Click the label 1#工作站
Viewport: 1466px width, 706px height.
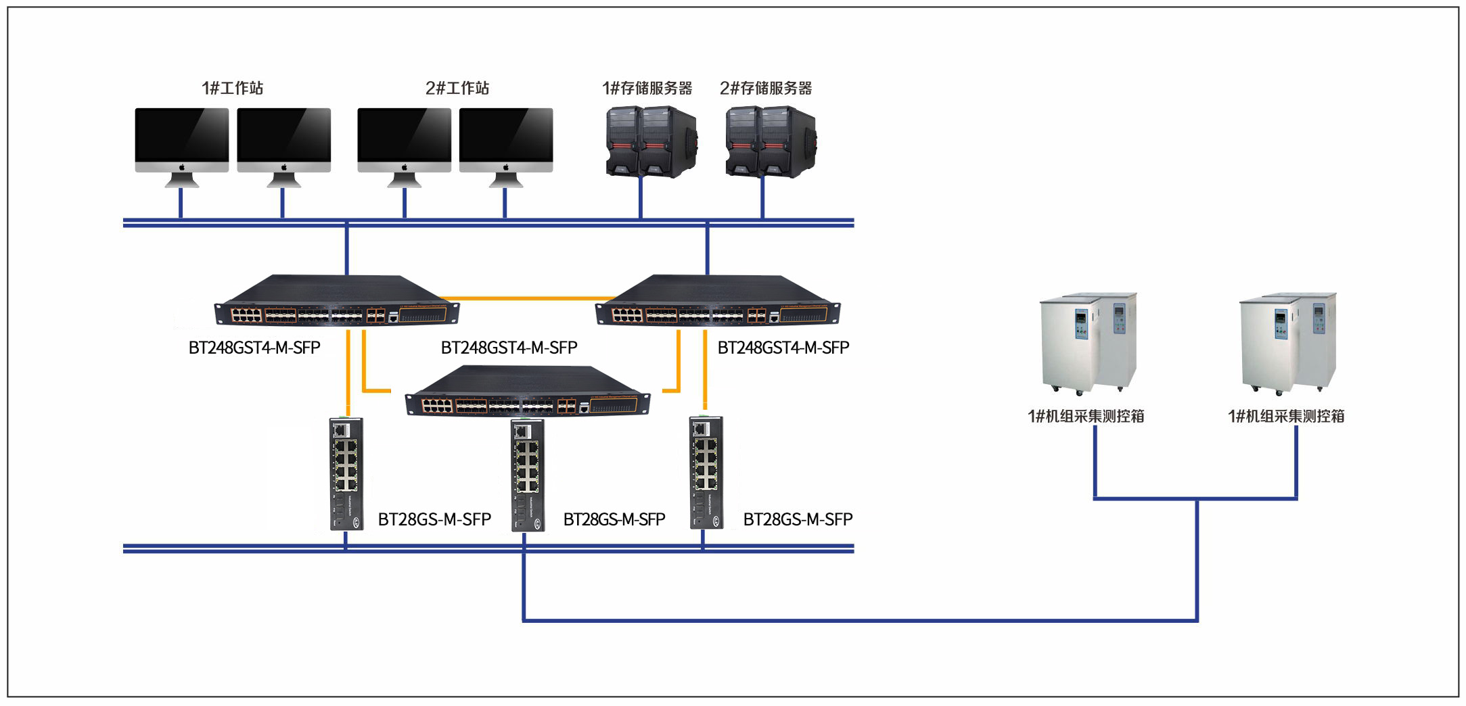pos(232,88)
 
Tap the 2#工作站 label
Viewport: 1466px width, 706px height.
pos(457,88)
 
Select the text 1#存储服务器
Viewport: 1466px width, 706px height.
pos(647,88)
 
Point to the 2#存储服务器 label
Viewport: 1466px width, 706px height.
pos(766,88)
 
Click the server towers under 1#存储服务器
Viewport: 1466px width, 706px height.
pos(651,141)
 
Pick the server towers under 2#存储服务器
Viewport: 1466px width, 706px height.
pos(771,141)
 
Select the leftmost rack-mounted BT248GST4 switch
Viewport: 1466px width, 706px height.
pos(337,300)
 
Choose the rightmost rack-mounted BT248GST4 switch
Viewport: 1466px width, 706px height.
pos(718,300)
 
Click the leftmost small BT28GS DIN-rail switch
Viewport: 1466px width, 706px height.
pos(347,473)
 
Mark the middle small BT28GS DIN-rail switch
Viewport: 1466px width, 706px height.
pos(528,475)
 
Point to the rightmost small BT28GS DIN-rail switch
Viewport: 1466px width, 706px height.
pos(706,472)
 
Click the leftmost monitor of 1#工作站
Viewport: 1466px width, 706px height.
pos(182,147)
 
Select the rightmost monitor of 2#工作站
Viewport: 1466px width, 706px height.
pos(506,147)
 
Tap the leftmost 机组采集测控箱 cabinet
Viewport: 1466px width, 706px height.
pos(1088,344)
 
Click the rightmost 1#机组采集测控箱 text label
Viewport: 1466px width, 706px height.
pos(1286,416)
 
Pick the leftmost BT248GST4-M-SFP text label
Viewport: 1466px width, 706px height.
pos(254,348)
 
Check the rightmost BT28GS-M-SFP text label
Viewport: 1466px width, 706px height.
pos(798,519)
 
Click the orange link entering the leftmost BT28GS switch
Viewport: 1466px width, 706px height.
pos(348,373)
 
